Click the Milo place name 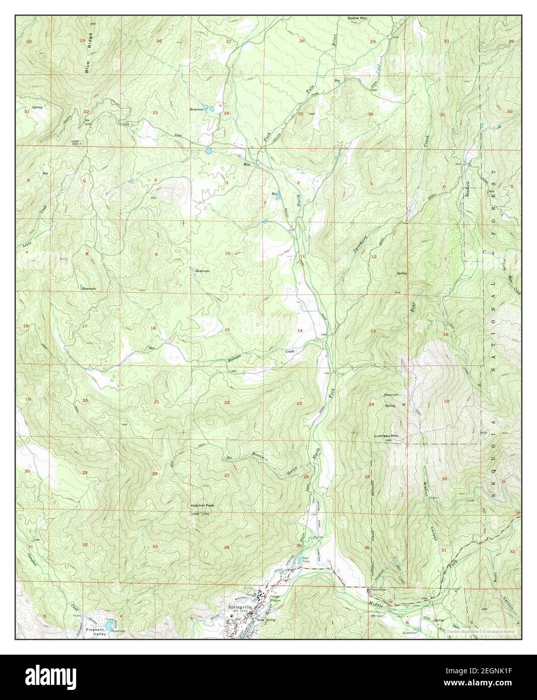point(247,164)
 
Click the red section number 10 point(228,253)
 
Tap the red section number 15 point(227,330)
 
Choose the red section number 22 point(227,402)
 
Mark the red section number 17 point(85,327)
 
